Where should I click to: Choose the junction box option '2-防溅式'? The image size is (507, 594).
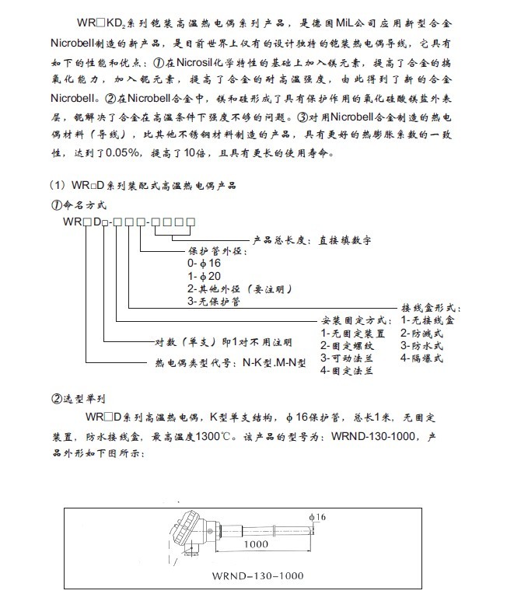pos(421,333)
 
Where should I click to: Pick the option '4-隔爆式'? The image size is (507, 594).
pos(421,358)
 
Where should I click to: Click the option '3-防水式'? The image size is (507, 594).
pos(421,345)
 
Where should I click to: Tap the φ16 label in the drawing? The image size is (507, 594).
pos(316,516)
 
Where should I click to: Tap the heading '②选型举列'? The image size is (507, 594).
pos(76,399)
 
